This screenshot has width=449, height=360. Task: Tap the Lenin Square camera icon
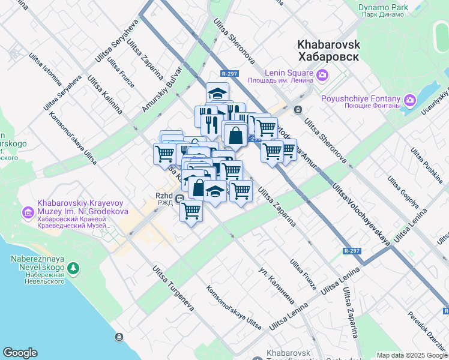[323, 75]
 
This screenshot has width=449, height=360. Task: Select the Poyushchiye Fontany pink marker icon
[411, 99]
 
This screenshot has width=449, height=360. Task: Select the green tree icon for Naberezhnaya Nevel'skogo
[73, 267]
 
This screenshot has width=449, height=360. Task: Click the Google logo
[20, 353]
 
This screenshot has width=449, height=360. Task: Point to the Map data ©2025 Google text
[411, 355]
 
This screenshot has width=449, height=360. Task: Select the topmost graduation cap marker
[217, 94]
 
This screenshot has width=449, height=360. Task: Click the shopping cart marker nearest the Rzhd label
[191, 211]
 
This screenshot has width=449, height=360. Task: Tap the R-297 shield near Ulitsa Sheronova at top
[229, 74]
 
